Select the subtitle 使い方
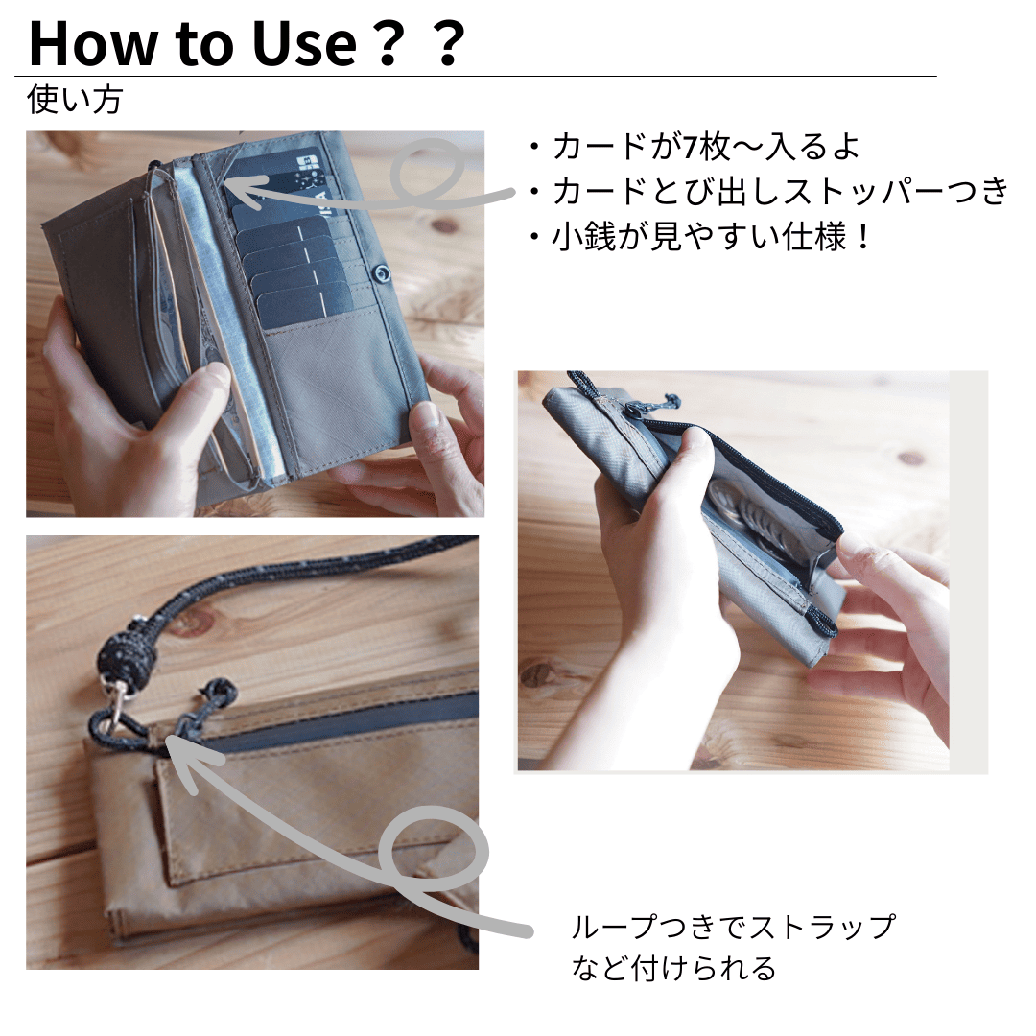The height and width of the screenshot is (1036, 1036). pos(75,101)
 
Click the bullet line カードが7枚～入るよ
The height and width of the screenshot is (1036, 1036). pos(695,147)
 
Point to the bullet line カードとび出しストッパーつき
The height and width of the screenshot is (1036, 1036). pos(769,192)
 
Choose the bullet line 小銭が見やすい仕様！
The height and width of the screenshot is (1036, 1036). pos(701,237)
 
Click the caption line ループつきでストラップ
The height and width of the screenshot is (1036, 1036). pos(734,927)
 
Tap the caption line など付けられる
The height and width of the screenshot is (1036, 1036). pos(674,969)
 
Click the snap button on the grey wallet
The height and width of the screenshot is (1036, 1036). pos(381,272)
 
